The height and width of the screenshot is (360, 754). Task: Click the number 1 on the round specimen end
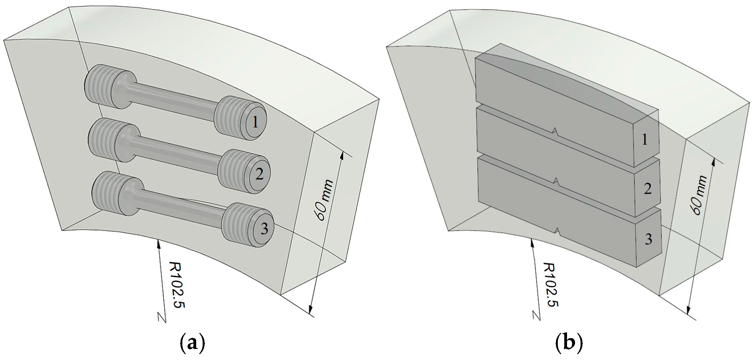pyautogui.click(x=255, y=123)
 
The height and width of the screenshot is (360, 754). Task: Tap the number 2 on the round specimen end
pyautogui.click(x=259, y=175)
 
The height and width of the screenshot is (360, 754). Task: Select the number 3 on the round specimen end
pyautogui.click(x=264, y=229)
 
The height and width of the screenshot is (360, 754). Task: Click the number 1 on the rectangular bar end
pyautogui.click(x=645, y=140)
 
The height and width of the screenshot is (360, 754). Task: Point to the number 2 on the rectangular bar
pyautogui.click(x=648, y=189)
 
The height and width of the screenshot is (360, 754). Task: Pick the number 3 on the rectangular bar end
pyautogui.click(x=649, y=239)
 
